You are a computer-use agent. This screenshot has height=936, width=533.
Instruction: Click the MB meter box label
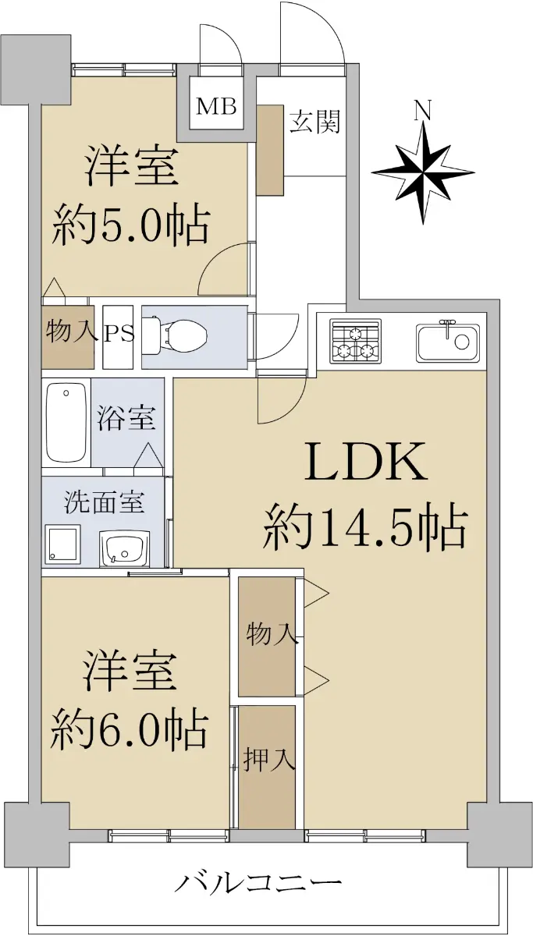(x=216, y=107)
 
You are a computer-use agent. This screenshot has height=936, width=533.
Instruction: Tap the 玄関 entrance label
(x=315, y=121)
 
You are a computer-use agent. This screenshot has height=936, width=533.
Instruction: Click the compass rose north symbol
(x=423, y=172)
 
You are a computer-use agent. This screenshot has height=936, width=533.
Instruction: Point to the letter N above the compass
(x=423, y=111)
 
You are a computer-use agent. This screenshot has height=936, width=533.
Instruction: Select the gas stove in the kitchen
(x=355, y=340)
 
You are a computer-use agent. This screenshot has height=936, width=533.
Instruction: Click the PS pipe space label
(x=119, y=334)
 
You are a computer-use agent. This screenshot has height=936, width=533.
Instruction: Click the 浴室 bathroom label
(x=126, y=417)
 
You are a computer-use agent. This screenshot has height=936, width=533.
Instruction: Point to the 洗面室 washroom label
(x=104, y=502)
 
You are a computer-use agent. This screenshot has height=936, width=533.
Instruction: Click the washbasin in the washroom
(x=124, y=548)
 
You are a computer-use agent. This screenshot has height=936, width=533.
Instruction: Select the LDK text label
(x=366, y=462)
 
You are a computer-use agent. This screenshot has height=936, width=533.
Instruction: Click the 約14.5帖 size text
(x=364, y=526)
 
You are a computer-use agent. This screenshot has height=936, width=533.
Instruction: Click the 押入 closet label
(x=270, y=758)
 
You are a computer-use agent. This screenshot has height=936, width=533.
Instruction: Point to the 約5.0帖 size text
(x=130, y=225)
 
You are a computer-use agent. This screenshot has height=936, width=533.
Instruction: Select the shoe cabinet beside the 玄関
(x=270, y=150)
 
